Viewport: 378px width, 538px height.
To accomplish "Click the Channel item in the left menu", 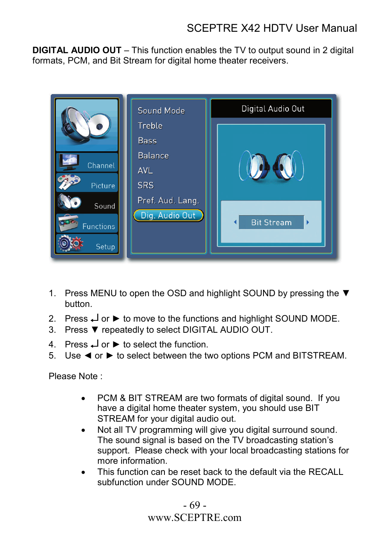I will [x=87, y=163].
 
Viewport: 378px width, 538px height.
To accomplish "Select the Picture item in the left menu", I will [x=87, y=183].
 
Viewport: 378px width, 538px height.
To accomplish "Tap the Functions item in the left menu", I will [x=87, y=224].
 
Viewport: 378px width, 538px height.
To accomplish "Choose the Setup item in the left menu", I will [x=87, y=244].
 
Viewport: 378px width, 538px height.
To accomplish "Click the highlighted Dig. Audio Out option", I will [x=168, y=216].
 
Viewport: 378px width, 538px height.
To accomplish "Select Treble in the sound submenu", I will [x=150, y=126].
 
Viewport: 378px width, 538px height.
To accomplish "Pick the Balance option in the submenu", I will [x=153, y=156].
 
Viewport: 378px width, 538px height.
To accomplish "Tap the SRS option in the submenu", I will [x=146, y=185].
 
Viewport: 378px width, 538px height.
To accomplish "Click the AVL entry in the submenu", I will [x=145, y=171].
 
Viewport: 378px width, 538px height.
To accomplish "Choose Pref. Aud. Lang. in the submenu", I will [x=168, y=201].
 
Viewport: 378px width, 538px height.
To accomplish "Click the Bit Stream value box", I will [x=271, y=223].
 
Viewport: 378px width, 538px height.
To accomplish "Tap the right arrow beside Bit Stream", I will [x=308, y=222].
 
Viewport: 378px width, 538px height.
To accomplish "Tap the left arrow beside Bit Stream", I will [x=235, y=222].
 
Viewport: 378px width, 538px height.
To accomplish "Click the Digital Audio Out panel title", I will [x=273, y=109].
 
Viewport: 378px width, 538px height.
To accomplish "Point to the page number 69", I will [x=195, y=505].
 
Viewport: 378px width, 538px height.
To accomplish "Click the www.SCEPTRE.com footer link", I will [x=195, y=518].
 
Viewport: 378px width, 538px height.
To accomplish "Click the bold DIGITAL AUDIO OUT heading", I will [x=77, y=50].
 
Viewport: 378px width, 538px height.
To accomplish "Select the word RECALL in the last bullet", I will [x=326, y=472].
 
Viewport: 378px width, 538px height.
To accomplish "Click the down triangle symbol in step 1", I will [x=346, y=293].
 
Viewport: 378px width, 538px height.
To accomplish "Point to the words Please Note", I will [x=73, y=376].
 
